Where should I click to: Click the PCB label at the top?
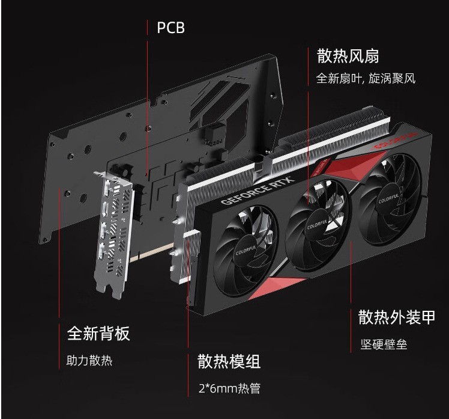tap(170, 28)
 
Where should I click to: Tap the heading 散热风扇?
tap(348, 57)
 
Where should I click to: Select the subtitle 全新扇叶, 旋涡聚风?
tap(366, 79)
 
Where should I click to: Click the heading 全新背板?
tap(98, 334)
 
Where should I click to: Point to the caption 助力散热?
tap(89, 361)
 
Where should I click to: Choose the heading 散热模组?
tap(229, 362)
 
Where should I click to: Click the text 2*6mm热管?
tap(229, 388)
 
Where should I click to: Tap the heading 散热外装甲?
tap(396, 317)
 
